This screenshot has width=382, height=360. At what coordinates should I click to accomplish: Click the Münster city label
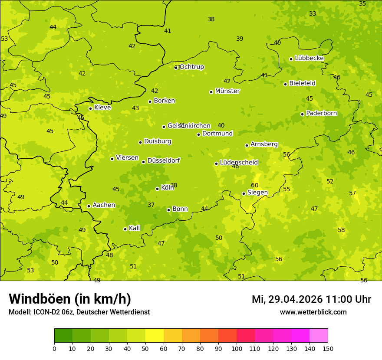227,91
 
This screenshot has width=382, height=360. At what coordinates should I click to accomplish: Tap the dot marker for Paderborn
302,114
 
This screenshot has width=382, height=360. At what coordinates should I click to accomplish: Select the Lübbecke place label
309,58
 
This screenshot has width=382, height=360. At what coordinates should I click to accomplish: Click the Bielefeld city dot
285,84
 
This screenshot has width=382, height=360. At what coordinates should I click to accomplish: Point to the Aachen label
104,205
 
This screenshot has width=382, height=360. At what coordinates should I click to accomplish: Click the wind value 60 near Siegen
255,186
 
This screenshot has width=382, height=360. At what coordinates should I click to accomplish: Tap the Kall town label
134,228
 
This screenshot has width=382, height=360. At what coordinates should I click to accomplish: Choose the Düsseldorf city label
164,160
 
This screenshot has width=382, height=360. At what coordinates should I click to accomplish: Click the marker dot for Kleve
90,108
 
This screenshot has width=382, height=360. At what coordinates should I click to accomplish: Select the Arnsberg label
264,144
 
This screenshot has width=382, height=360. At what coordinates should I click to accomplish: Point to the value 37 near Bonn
151,205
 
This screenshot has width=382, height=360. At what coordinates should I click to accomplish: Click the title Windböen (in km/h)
70,299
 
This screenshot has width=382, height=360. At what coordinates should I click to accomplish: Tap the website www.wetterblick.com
313,312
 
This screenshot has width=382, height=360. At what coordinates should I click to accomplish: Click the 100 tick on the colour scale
237,348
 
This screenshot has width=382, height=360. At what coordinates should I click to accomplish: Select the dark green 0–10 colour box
63,335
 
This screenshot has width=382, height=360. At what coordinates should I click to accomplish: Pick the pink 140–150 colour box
319,335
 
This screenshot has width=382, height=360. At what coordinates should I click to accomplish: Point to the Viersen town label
127,158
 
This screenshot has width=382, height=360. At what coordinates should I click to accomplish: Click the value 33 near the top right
313,14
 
